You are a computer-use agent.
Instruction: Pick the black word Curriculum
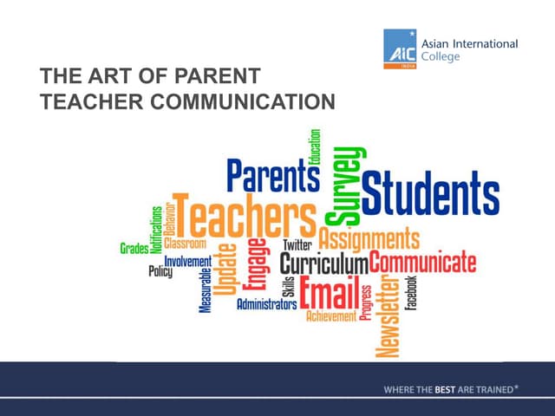(323, 261)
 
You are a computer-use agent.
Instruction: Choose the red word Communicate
(423, 260)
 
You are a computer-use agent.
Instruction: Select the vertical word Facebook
(412, 294)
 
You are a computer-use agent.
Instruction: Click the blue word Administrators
(266, 304)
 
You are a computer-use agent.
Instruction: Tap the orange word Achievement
(330, 316)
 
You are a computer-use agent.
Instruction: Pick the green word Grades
(134, 249)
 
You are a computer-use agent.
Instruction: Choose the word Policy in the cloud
(160, 271)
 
